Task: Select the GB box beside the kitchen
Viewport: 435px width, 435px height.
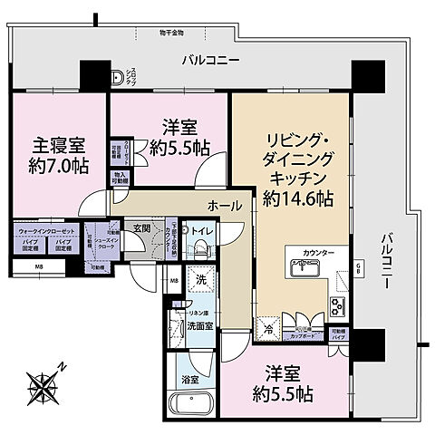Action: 359,266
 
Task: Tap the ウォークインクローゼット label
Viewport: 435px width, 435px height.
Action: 45,231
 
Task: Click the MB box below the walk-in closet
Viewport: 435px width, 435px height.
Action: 39,267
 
